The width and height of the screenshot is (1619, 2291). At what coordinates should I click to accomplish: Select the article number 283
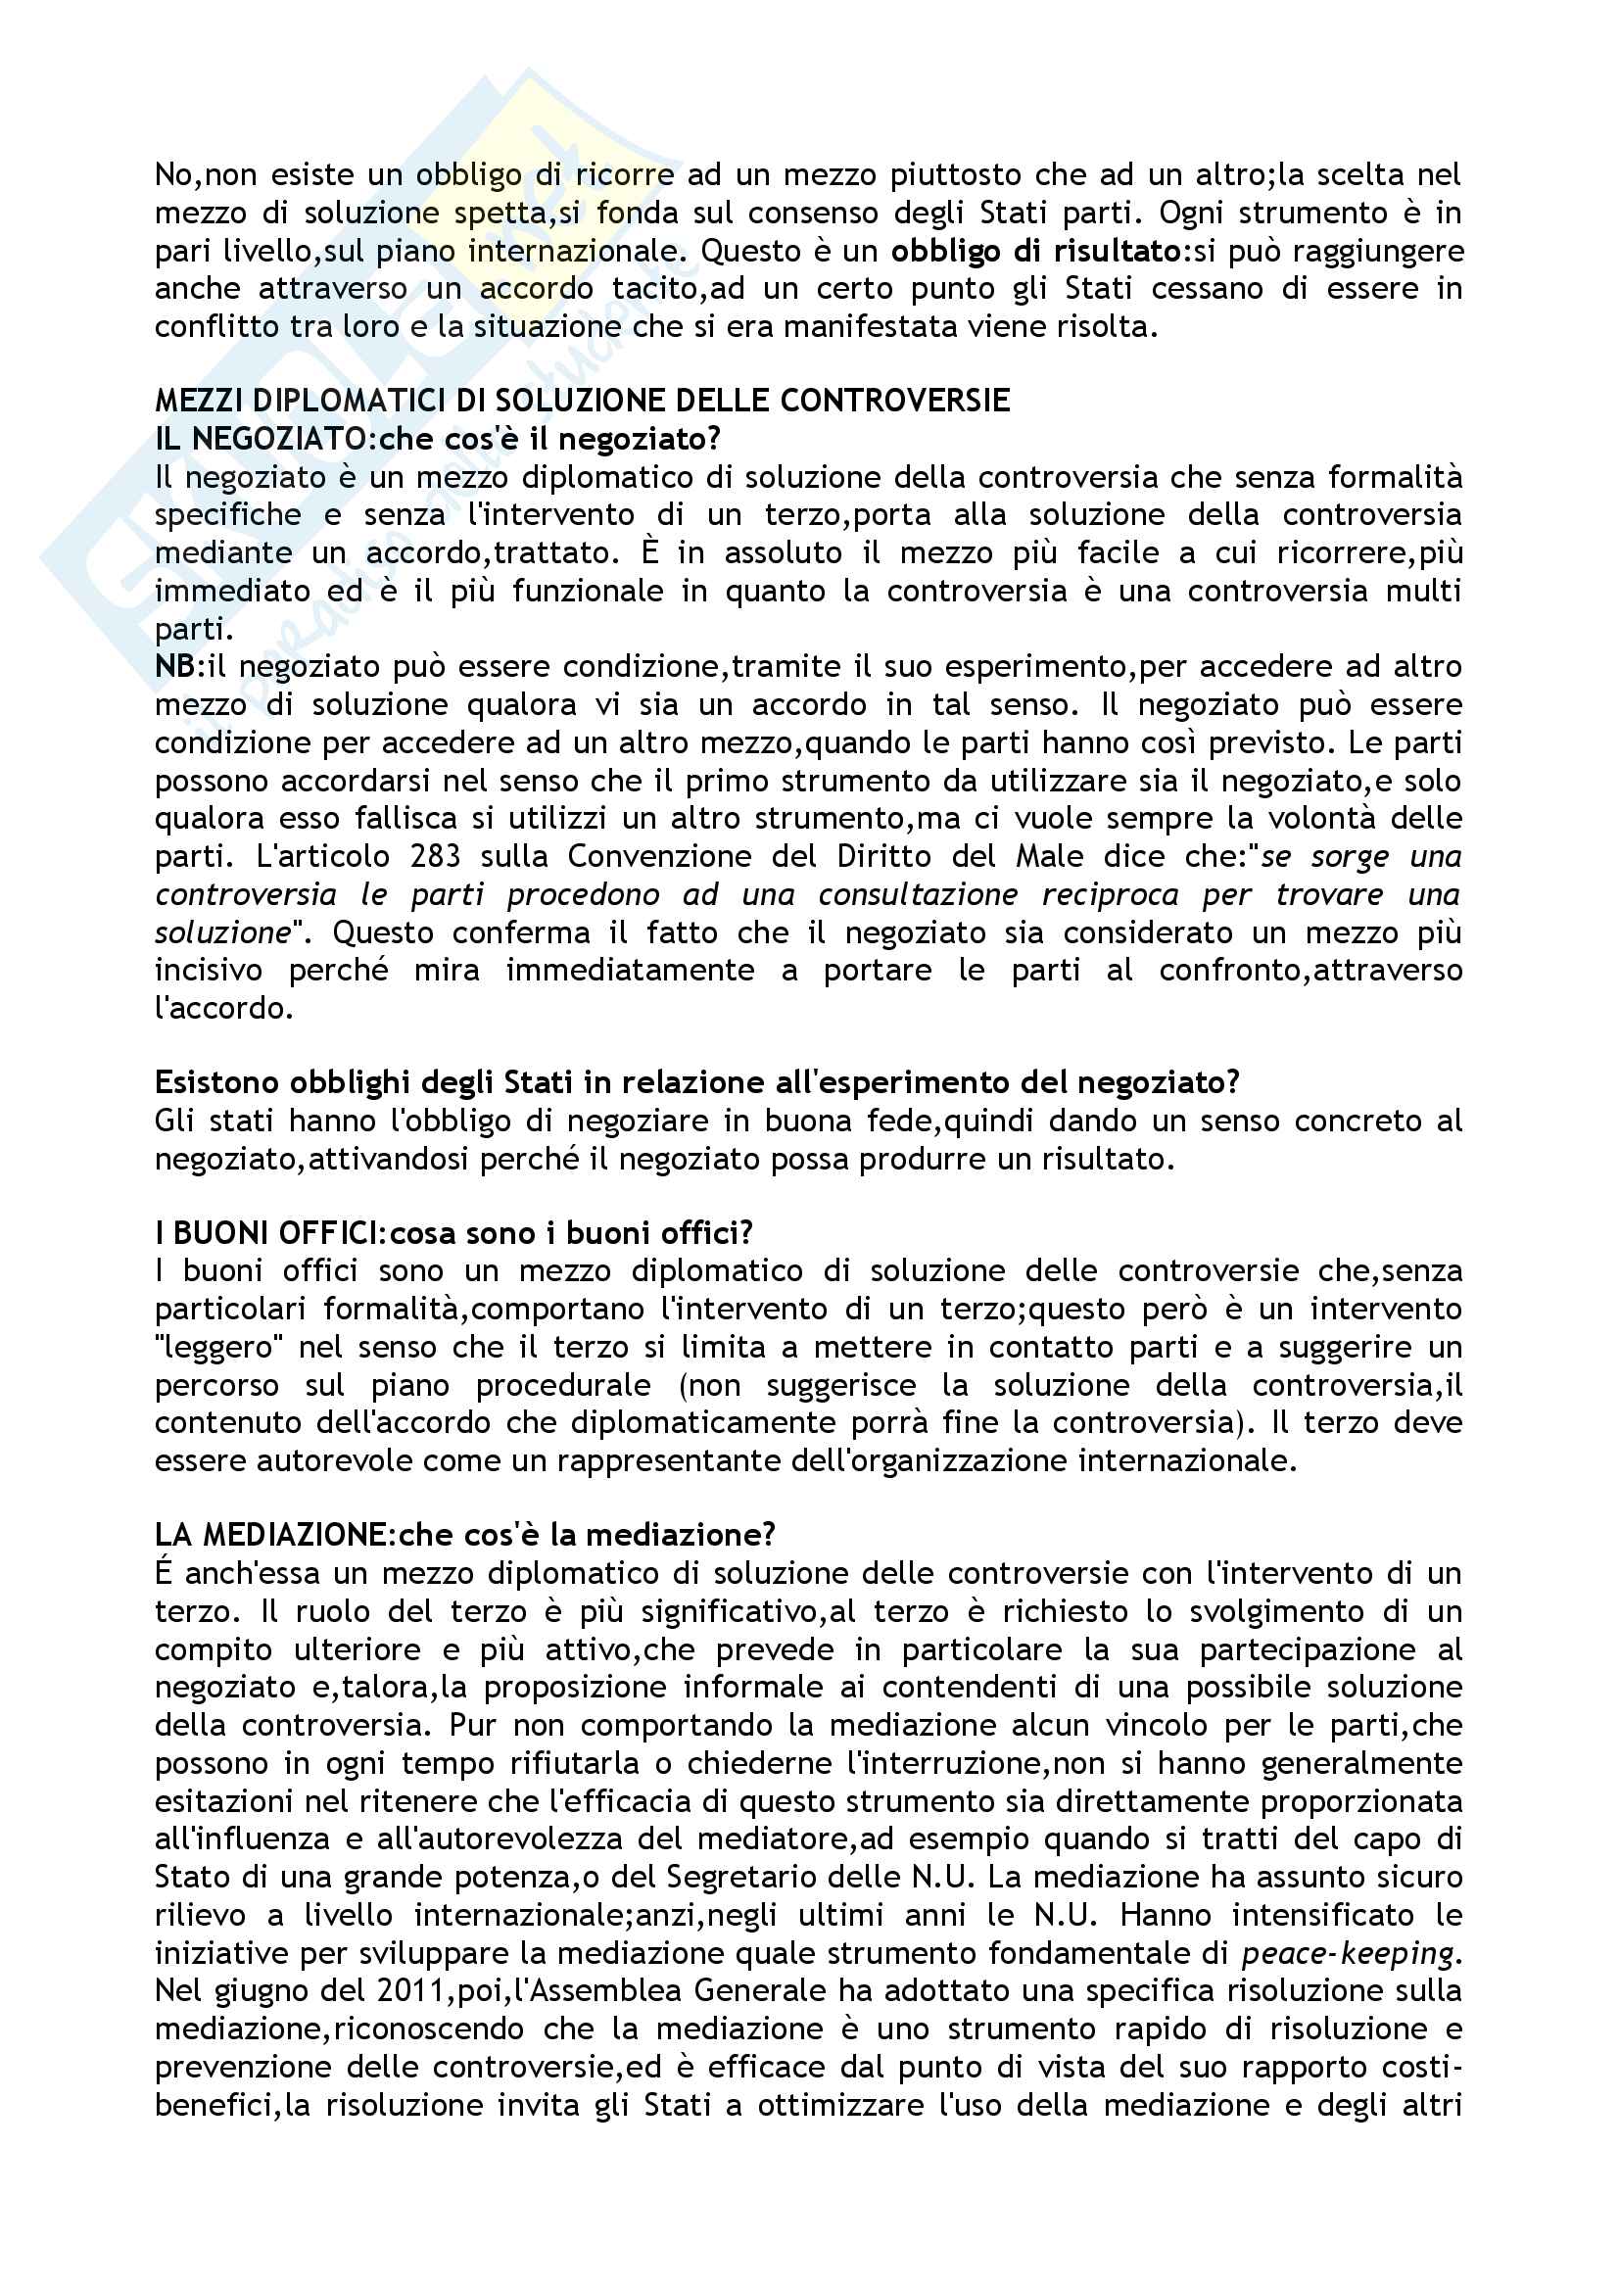[x=435, y=856]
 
